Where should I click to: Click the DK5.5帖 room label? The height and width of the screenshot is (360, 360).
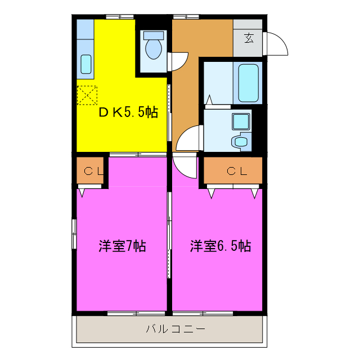click(128, 112)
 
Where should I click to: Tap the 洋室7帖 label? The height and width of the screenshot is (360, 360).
click(122, 246)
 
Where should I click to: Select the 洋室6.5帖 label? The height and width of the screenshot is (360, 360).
click(220, 246)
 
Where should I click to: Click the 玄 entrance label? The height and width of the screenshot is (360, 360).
click(249, 38)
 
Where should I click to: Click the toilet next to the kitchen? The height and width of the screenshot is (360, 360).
click(153, 49)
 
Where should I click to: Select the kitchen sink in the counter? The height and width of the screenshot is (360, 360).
click(85, 64)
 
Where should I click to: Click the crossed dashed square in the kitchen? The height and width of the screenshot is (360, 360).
click(87, 95)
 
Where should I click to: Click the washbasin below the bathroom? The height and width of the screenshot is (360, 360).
click(241, 141)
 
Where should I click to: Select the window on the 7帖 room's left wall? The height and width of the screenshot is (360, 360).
click(74, 232)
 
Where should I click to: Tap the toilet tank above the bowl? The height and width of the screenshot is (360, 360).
click(153, 35)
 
